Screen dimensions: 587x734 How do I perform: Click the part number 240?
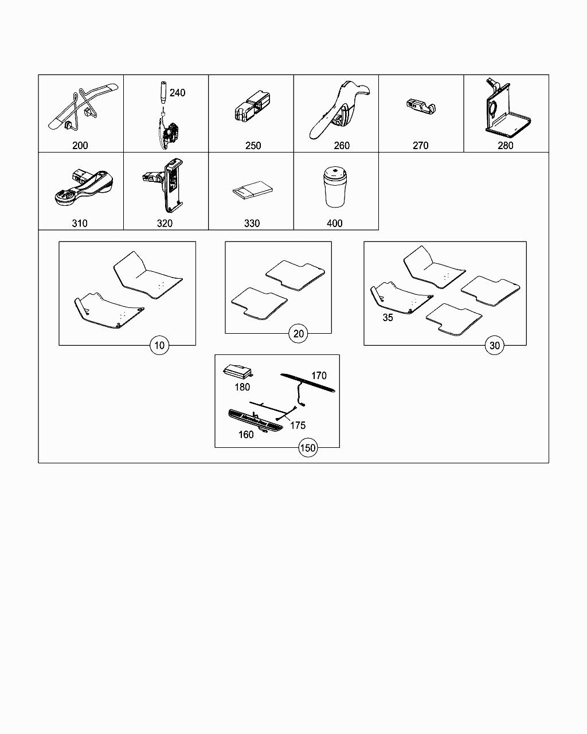pyautogui.click(x=177, y=93)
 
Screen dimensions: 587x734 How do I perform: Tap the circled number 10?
pyautogui.click(x=159, y=345)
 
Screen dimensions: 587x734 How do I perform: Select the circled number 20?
pyautogui.click(x=298, y=334)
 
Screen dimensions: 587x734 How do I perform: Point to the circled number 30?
pyautogui.click(x=495, y=345)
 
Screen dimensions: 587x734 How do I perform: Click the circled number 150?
pyautogui.click(x=308, y=447)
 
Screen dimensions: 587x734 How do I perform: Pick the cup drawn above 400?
pyautogui.click(x=335, y=186)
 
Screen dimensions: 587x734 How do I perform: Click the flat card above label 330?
pyautogui.click(x=253, y=190)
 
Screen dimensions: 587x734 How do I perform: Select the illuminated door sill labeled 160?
pyautogui.click(x=255, y=421)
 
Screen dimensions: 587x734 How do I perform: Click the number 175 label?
pyautogui.click(x=298, y=425)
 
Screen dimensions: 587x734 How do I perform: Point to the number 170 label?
pyautogui.click(x=319, y=376)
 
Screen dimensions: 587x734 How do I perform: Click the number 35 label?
pyautogui.click(x=388, y=318)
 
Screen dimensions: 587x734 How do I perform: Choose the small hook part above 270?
pyautogui.click(x=421, y=107)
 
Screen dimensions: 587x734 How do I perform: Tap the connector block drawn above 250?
pyautogui.click(x=252, y=106)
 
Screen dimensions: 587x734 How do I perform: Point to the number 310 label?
pyautogui.click(x=80, y=224)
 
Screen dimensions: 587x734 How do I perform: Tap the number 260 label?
pyautogui.click(x=342, y=146)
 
